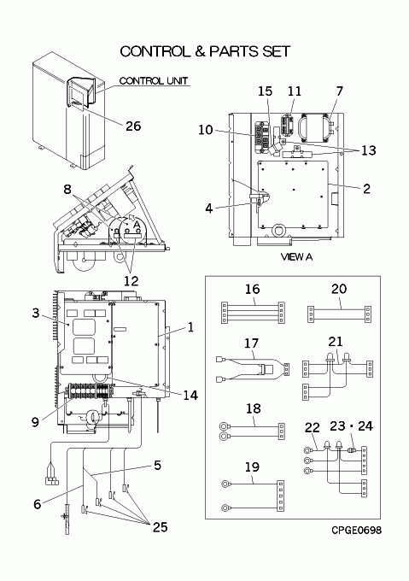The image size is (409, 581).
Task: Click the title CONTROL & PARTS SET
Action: point(205,51)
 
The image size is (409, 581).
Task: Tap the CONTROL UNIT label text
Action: point(154,80)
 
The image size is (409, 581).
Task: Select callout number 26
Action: point(133,126)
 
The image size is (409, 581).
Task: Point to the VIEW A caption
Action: point(296,256)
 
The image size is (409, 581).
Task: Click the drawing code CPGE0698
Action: point(356,530)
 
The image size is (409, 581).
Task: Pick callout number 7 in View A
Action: point(340,91)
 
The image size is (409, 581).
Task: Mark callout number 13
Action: point(368,150)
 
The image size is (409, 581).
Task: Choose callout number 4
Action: point(209,208)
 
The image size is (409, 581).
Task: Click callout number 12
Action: point(131,281)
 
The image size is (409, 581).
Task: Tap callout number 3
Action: point(35,313)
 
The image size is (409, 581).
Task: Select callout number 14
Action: point(190,396)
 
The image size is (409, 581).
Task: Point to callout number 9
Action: point(35,422)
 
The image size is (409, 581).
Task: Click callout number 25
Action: point(160,526)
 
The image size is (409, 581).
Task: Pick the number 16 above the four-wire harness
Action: point(253,289)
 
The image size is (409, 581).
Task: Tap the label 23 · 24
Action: point(351,426)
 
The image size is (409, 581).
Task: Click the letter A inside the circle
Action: point(137,225)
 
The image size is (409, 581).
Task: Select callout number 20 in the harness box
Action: point(339,288)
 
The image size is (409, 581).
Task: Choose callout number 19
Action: point(252,467)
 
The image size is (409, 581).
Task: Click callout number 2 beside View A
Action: point(366,189)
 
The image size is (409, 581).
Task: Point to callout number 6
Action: point(37,504)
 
